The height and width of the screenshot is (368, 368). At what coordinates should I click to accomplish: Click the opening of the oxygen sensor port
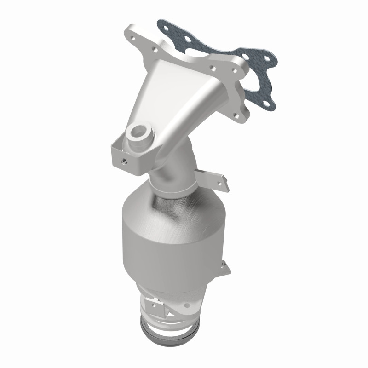pos(137,132)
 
